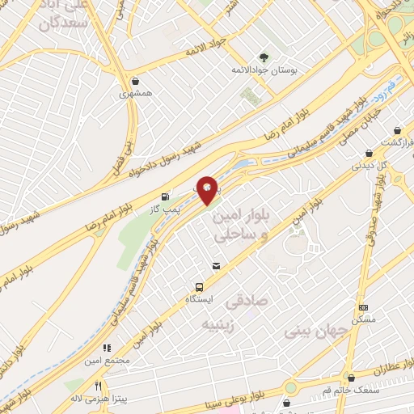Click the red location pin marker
coord(208,189)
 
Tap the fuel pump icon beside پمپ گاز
coord(166,196)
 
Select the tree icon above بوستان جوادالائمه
coord(263,57)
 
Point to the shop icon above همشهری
coord(135,81)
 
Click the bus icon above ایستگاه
coord(198,287)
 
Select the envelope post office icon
coord(216,265)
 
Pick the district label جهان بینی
coord(315,331)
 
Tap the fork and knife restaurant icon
coord(98,386)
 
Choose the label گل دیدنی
coord(370,165)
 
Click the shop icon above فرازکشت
coord(397,130)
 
